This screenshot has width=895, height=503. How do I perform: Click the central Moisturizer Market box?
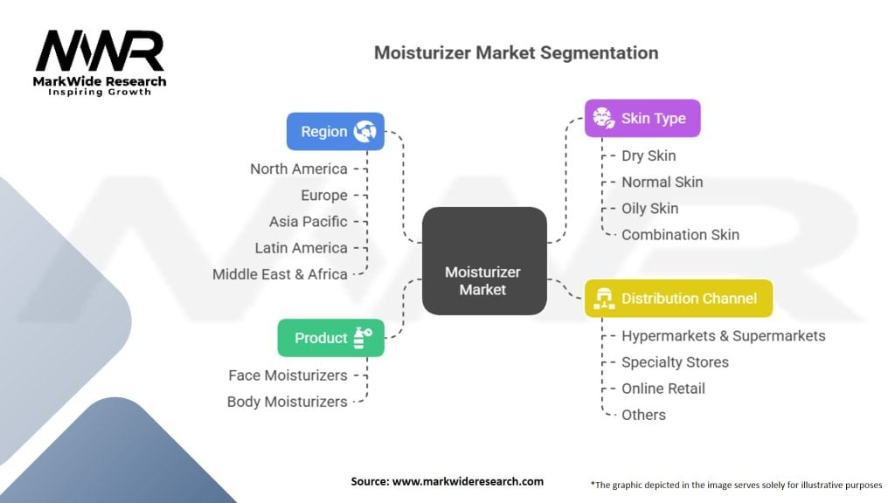click(483, 260)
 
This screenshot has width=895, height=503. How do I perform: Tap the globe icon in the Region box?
click(364, 132)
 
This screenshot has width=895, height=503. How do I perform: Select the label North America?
click(298, 169)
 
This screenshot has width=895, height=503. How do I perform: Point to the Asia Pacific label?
click(308, 222)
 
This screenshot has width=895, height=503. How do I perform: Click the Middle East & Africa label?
click(280, 274)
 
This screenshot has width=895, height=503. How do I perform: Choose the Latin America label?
click(301, 248)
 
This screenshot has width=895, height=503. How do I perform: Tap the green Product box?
click(330, 338)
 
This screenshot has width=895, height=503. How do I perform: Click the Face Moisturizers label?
click(288, 376)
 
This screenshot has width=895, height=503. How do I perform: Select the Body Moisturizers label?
click(287, 402)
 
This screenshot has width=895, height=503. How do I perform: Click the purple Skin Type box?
click(642, 118)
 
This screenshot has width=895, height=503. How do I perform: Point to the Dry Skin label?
click(649, 155)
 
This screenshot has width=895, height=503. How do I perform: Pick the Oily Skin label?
click(649, 208)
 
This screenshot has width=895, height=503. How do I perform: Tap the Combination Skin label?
click(680, 234)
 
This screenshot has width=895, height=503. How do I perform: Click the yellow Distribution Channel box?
click(678, 298)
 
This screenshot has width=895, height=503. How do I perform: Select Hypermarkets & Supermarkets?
click(723, 335)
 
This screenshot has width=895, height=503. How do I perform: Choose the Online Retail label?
click(663, 388)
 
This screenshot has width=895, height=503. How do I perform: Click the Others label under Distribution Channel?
click(643, 415)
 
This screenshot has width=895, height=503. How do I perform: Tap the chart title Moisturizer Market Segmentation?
click(516, 52)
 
